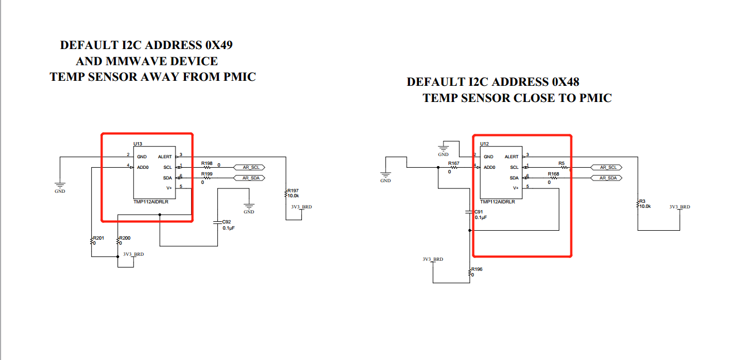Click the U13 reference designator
tap(138, 144)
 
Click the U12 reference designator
tap(484, 144)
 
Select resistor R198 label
tap(207, 164)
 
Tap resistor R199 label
tap(207, 174)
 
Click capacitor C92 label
tap(226, 222)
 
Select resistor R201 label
tap(98, 238)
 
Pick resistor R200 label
tap(125, 238)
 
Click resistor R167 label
tap(453, 164)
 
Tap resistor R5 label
tap(561, 164)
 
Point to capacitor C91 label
tap(478, 212)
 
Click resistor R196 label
tap(476, 269)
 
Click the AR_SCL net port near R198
tap(250, 167)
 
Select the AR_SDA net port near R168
tap(607, 178)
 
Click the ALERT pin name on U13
tap(165, 157)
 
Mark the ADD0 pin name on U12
tap(490, 167)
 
